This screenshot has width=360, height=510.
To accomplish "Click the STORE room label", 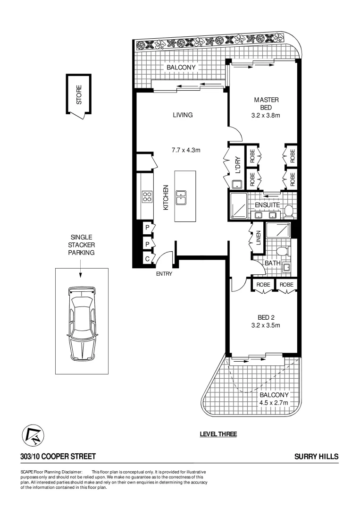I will (x=79, y=94).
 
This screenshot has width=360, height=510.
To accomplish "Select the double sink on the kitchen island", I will (x=181, y=197).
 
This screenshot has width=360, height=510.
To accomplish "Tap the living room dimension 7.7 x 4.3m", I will (x=186, y=151).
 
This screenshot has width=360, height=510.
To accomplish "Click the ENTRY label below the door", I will (x=164, y=274).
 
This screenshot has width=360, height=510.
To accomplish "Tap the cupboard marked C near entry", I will (x=148, y=259).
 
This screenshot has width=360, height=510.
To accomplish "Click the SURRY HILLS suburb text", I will (x=316, y=457).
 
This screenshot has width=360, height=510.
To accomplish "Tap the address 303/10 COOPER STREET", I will (x=58, y=457).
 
